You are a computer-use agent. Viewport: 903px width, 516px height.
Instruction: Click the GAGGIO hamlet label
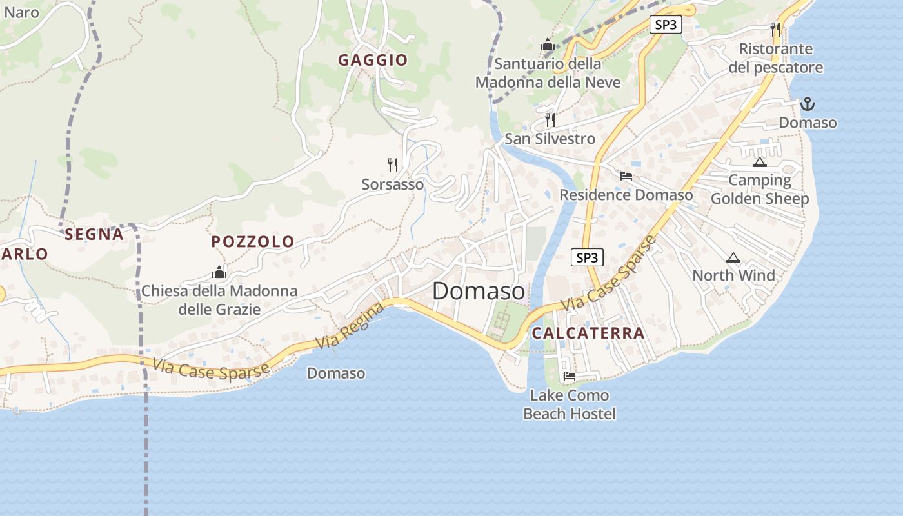(x=373, y=61)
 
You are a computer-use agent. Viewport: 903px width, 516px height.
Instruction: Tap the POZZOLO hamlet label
(x=253, y=242)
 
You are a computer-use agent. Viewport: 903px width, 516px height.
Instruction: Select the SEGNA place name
(x=94, y=234)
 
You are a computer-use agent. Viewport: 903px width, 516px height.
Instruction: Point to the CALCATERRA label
(x=588, y=333)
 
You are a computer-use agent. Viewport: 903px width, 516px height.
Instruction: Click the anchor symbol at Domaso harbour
(x=807, y=104)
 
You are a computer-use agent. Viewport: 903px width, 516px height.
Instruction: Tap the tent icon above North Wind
(x=733, y=258)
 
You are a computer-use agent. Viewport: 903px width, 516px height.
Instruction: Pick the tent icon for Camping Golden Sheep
(x=759, y=162)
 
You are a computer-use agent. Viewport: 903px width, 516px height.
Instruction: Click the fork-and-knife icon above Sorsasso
(x=393, y=165)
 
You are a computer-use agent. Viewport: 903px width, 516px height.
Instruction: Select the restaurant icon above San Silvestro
(x=550, y=119)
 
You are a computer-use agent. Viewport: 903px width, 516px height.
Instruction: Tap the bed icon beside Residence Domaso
(x=626, y=175)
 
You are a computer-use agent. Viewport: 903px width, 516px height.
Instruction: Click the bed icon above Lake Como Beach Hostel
(x=569, y=376)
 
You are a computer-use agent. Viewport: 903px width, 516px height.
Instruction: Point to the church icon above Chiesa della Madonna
(x=219, y=273)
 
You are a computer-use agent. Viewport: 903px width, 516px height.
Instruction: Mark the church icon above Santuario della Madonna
(x=548, y=45)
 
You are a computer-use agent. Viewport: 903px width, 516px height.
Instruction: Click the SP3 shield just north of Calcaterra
(x=587, y=258)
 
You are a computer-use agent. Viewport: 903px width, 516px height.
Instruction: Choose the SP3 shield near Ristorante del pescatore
(x=665, y=25)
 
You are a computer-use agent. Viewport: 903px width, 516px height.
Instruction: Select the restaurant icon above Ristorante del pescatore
(x=775, y=29)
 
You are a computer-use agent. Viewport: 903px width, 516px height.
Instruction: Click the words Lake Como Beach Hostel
(x=569, y=404)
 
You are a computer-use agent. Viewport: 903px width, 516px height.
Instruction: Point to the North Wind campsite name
(x=733, y=275)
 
